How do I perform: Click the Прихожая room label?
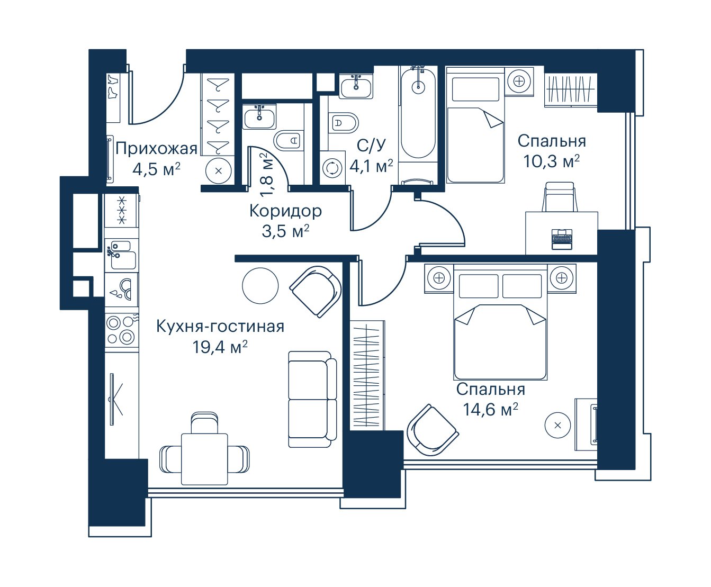(157, 149)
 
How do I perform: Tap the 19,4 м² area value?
(220, 347)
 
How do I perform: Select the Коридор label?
(286, 211)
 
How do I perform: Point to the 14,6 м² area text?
(490, 409)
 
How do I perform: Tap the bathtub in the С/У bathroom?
(418, 113)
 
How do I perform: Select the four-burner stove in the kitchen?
(122, 330)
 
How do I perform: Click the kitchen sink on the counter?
(121, 255)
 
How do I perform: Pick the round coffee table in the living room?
(260, 285)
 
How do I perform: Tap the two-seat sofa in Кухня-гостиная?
(312, 399)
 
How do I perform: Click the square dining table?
(204, 459)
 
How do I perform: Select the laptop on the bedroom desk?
(562, 239)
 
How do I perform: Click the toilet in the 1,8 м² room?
(289, 140)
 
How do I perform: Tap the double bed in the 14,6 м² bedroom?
(500, 322)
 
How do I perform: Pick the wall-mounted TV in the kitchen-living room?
(113, 399)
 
